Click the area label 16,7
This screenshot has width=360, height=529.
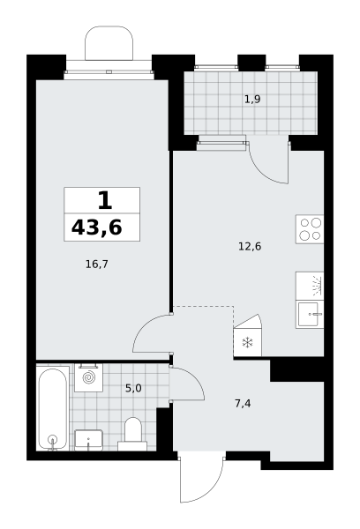(96, 264)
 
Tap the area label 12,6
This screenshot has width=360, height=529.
(250, 247)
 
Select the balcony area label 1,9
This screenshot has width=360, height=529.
(252, 99)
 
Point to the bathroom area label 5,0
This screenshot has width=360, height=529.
(133, 388)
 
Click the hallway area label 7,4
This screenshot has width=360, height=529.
(243, 403)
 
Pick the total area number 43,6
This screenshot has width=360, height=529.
(96, 227)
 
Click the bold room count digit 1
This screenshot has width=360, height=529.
(105, 200)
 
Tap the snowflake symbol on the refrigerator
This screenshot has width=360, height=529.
(248, 343)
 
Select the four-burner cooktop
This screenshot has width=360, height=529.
(310, 229)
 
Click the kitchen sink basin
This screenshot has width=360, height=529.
(310, 315)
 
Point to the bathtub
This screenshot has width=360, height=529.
(52, 408)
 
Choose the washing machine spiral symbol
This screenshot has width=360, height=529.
(89, 377)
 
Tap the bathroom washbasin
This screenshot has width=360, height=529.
(88, 440)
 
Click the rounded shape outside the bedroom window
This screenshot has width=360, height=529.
(109, 43)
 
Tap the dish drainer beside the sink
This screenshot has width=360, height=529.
(310, 286)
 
